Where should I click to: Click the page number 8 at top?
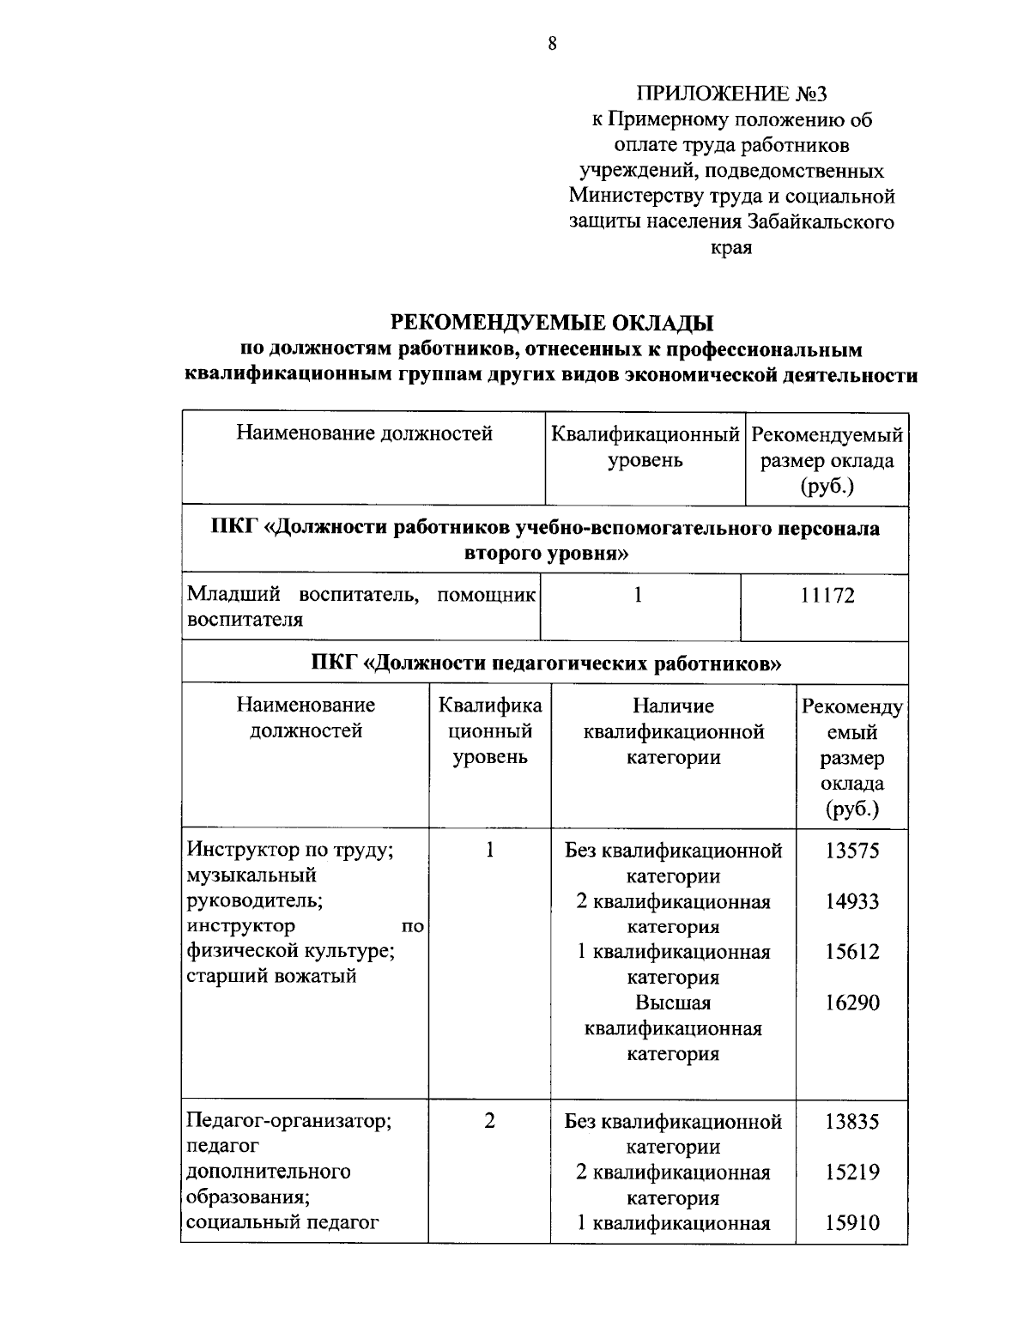coord(552,44)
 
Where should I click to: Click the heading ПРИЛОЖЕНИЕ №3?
coord(731,94)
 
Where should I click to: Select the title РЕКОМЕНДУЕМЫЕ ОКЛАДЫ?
coord(552,324)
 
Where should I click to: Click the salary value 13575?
coord(852,851)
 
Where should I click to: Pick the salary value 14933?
coord(852,901)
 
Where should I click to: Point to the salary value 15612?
coord(852,952)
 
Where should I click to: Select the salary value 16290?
coord(852,1003)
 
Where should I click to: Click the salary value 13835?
coord(852,1121)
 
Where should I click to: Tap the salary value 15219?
coord(852,1172)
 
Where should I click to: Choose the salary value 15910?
coord(852,1222)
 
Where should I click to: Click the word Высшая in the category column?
coord(673,1003)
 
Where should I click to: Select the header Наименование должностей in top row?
coord(364,433)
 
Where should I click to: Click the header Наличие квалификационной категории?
coord(673,731)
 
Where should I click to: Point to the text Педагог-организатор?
coord(289,1121)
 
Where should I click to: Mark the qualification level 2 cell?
coord(489,1121)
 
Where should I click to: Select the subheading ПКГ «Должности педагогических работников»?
coord(545,663)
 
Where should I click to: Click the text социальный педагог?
coord(282,1222)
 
